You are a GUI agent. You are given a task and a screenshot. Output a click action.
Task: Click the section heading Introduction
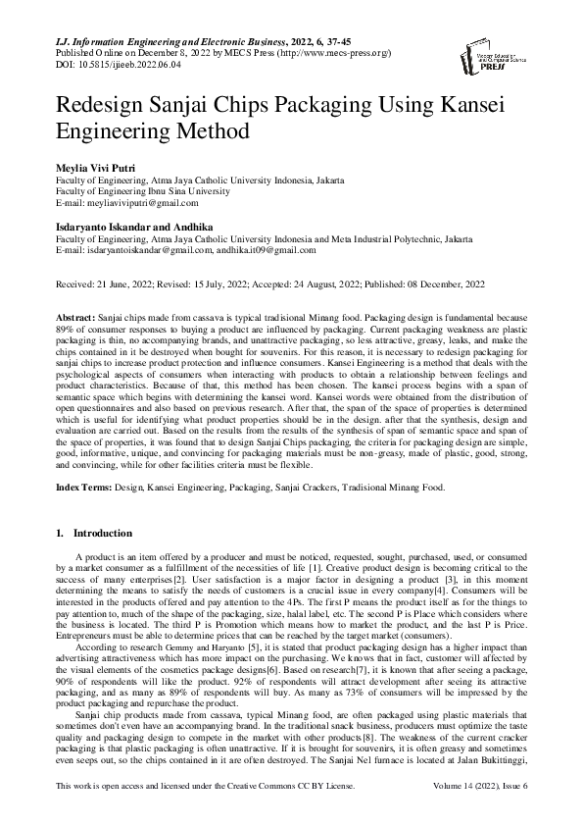click(x=102, y=534)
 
